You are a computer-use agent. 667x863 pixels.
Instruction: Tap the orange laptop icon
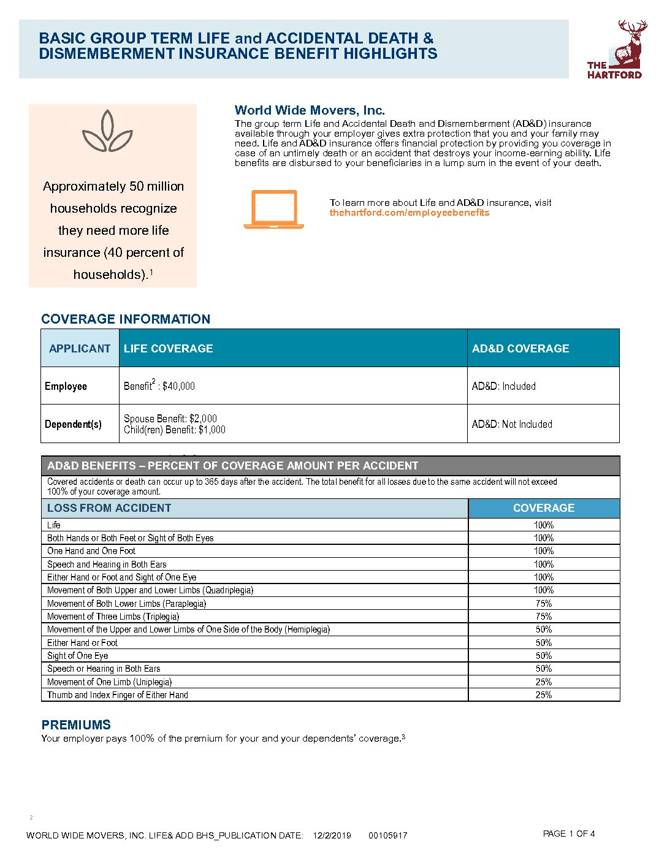coord(273,210)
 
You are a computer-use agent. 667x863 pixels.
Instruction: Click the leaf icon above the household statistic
coord(108,131)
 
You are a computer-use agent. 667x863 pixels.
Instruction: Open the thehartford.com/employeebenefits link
coord(409,213)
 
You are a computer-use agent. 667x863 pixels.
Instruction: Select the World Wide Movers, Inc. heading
coord(310,110)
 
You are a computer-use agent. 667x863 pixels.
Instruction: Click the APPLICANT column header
coord(80,348)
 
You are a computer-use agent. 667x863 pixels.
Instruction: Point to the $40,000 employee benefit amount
coord(178,386)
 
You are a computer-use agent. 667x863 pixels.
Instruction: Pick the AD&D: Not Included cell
coord(512,424)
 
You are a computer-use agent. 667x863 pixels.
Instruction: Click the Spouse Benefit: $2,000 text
coord(170,419)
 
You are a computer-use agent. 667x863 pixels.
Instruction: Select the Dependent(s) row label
coord(73,424)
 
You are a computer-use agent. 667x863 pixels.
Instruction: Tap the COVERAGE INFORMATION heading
coord(126,319)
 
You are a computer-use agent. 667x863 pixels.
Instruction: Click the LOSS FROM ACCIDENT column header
coord(109,508)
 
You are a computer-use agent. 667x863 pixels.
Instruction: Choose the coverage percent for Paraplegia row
coord(543,604)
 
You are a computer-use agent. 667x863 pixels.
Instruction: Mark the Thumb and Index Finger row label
coord(118,695)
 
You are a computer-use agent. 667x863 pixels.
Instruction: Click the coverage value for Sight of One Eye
coord(543,656)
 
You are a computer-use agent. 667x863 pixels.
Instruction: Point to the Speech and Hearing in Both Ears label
coord(107,565)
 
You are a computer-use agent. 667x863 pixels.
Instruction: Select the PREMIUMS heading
coord(76,724)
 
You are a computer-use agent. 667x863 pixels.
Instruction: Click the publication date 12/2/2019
coord(332,835)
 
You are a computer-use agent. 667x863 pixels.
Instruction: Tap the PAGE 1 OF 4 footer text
coord(569,834)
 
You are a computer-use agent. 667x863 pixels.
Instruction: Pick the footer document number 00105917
coord(388,835)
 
